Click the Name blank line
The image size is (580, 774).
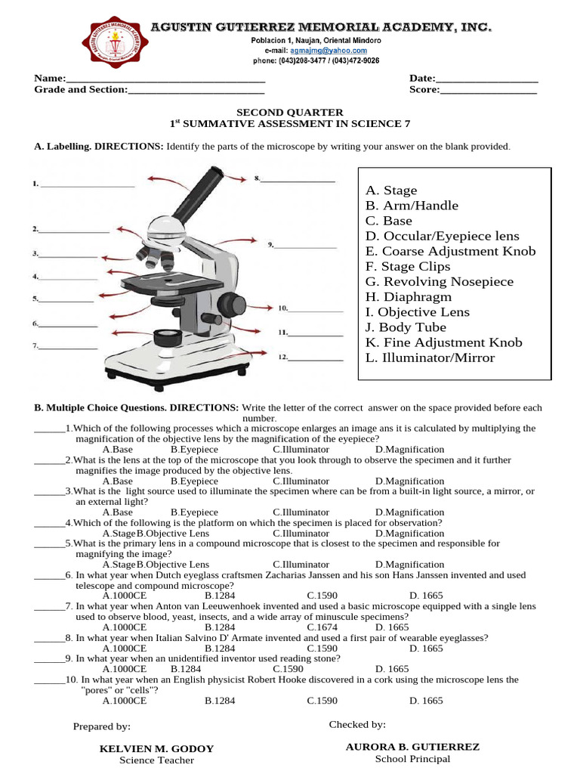[x=165, y=79]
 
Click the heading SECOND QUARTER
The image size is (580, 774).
[x=290, y=112]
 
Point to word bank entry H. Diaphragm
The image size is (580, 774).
[x=409, y=297]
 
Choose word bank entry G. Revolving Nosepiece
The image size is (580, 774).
[x=439, y=282]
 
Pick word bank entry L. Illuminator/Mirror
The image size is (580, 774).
[x=430, y=358]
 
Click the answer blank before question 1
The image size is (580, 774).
[x=49, y=429]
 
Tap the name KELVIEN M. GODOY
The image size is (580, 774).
[x=157, y=748]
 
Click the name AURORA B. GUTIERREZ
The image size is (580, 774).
[x=412, y=747]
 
